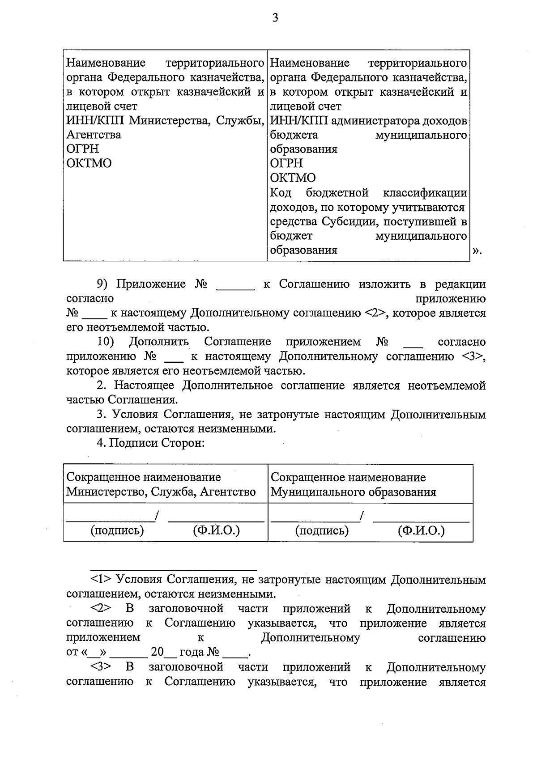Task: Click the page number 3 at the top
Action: click(275, 18)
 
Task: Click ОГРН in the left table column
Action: click(83, 149)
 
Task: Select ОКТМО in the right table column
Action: click(293, 178)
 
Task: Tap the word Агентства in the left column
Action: click(94, 135)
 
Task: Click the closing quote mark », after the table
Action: click(477, 251)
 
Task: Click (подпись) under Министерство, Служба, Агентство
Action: click(117, 531)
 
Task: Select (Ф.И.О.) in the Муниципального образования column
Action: click(421, 531)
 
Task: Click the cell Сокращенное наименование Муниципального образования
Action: click(353, 485)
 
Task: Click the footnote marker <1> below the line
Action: click(101, 580)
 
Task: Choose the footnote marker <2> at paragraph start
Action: click(101, 609)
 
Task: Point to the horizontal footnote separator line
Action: click(174, 570)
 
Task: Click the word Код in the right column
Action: click(281, 193)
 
